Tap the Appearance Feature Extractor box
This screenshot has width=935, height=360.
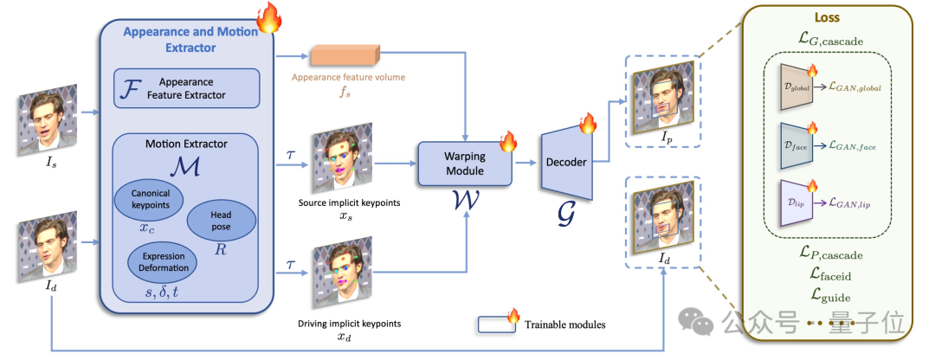187,88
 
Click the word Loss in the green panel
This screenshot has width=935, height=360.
827,17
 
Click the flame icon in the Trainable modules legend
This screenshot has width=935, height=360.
513,317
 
